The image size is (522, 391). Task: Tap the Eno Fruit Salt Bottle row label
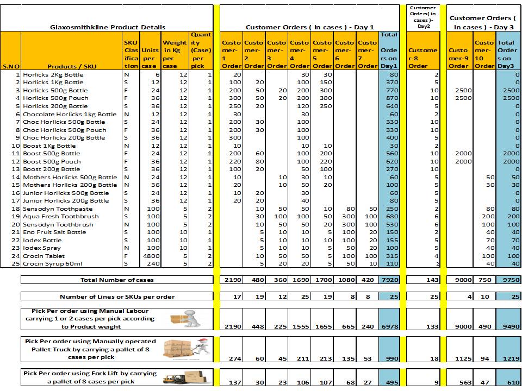[x=54, y=232]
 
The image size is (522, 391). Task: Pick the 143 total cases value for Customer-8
[x=422, y=280]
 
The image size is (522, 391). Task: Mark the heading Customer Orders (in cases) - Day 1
[x=310, y=27]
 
